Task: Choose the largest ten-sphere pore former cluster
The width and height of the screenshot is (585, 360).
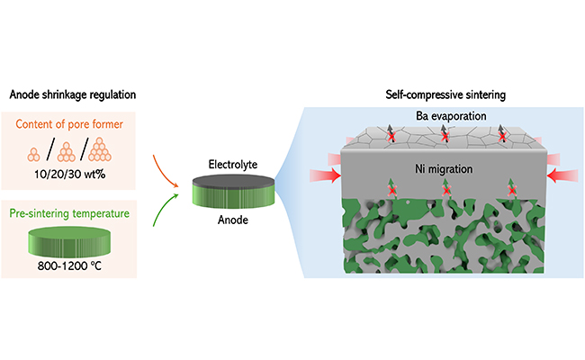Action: point(111,147)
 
